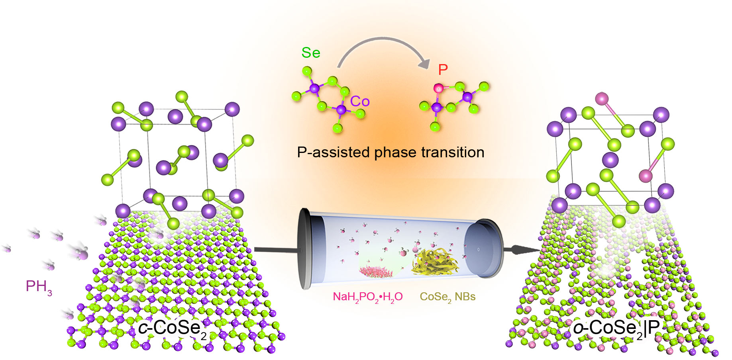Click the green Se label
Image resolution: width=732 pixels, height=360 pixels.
[311, 53]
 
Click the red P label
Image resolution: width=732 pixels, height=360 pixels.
[443, 70]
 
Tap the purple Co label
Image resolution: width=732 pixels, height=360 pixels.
[360, 102]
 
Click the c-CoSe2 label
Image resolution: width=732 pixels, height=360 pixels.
[172, 329]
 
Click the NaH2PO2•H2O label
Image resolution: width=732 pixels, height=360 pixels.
[367, 297]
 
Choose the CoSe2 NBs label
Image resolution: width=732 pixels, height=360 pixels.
[447, 297]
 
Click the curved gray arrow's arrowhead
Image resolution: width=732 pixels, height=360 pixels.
[426, 63]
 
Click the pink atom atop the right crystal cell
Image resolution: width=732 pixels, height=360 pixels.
[602, 98]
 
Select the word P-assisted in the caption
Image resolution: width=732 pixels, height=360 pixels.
[333, 153]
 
